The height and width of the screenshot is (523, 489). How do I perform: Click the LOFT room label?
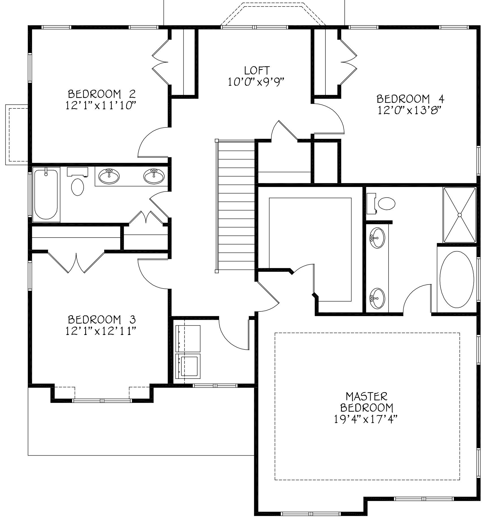(257, 70)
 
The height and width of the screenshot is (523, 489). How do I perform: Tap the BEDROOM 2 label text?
(102, 93)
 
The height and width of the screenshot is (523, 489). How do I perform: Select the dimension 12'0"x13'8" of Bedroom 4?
(410, 110)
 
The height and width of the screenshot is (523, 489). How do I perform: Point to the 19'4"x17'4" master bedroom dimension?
(366, 419)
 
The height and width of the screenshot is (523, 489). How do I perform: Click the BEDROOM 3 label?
(102, 319)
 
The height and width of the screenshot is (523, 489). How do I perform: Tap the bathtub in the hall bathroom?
(46, 194)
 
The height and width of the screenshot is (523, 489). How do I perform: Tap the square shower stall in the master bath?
(460, 215)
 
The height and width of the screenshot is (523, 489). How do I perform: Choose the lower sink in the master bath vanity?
(377, 298)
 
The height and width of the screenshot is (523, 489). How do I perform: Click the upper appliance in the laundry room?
(188, 338)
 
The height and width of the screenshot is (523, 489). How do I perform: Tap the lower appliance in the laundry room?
(188, 366)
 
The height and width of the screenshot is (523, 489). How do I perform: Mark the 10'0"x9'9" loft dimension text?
(256, 82)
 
